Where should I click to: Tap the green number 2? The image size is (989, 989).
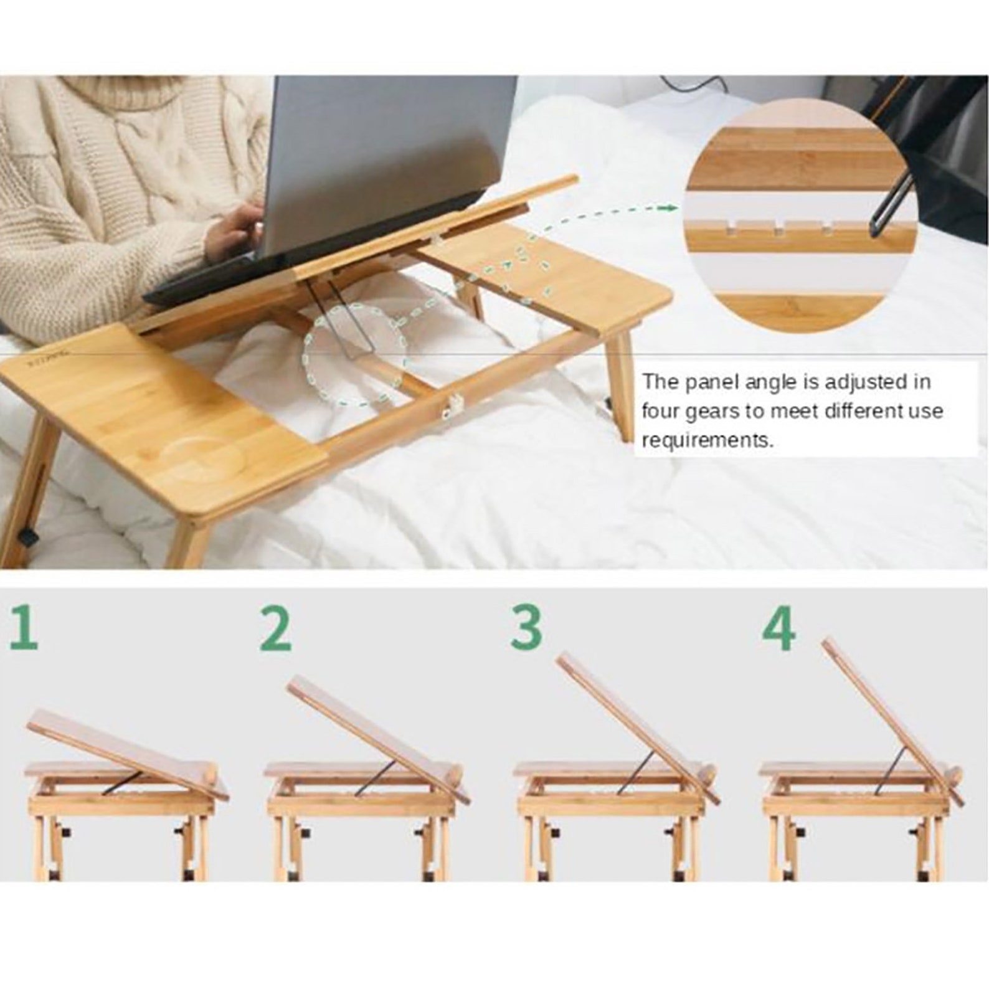(275, 630)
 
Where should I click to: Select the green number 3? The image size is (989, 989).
(526, 628)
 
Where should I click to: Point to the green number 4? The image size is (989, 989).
(779, 629)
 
